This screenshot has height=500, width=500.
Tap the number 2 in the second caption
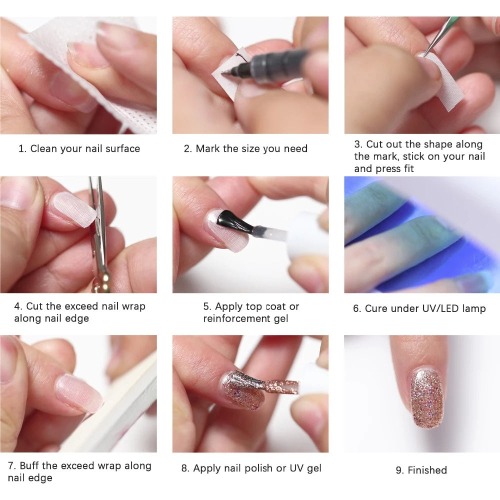(186, 148)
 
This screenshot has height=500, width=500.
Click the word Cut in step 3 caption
(374, 144)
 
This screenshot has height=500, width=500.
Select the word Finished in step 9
(427, 470)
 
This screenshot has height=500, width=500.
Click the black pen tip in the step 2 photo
(226, 72)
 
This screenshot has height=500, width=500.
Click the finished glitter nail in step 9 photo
(426, 398)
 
